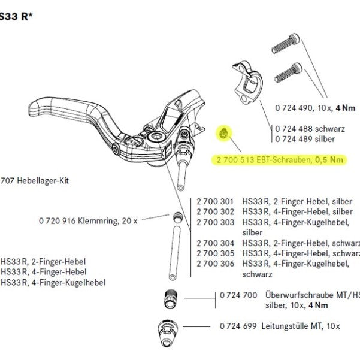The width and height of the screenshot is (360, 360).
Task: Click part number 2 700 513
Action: pos(232,160)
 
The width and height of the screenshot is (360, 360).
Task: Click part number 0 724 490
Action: pos(294,108)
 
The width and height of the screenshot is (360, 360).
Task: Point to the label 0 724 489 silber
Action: pos(305,138)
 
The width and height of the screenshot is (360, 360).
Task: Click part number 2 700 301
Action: pos(214,202)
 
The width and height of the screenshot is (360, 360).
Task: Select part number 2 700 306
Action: pos(214,264)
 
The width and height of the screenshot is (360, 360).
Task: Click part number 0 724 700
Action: pos(238,295)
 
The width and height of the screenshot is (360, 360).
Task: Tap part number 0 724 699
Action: pos(238,326)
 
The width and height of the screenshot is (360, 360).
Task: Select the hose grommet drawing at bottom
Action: pos(168,331)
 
